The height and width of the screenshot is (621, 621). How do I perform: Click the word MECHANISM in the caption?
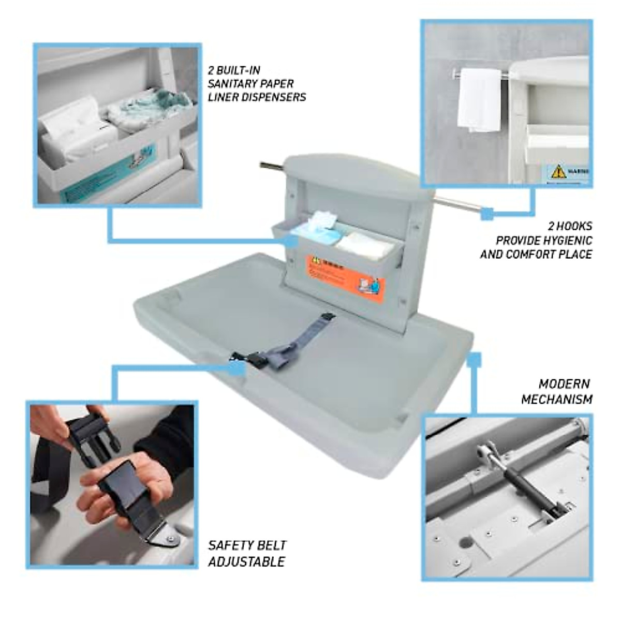(556, 399)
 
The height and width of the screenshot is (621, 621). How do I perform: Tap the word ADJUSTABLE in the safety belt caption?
(246, 561)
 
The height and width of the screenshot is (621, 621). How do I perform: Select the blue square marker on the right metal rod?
(486, 213)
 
